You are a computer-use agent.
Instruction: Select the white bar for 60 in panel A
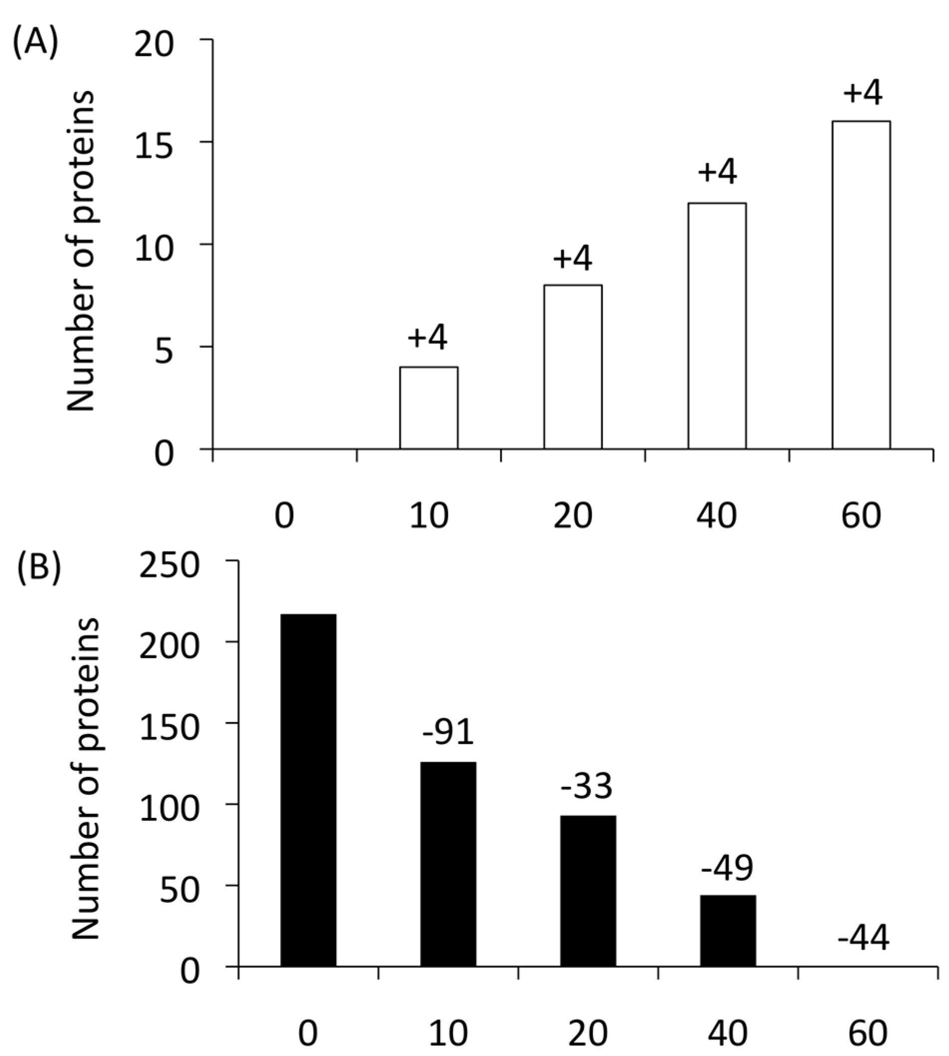pyautogui.click(x=861, y=284)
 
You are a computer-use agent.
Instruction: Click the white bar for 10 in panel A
pyautogui.click(x=429, y=408)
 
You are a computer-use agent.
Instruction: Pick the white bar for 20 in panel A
pyautogui.click(x=573, y=366)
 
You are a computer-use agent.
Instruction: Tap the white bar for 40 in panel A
pyautogui.click(x=717, y=326)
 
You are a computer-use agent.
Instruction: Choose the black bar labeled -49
pyautogui.click(x=727, y=931)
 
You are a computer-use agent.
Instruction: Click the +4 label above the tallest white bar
pyautogui.click(x=863, y=93)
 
